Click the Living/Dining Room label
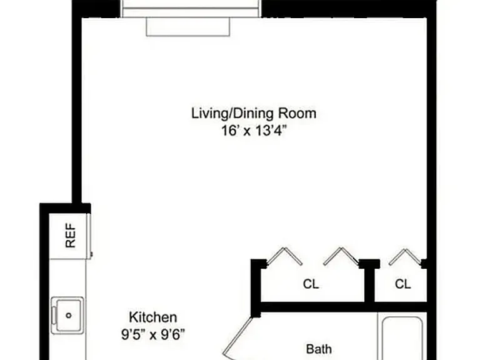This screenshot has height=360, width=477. (x=254, y=113)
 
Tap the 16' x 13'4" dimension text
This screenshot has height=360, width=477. (x=254, y=131)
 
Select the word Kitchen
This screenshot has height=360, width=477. (x=153, y=317)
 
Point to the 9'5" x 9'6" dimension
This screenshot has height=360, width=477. (x=153, y=335)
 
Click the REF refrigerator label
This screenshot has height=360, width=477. (x=71, y=236)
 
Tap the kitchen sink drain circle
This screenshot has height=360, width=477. (x=69, y=315)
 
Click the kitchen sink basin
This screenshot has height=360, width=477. (x=68, y=315)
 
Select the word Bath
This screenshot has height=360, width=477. (x=319, y=349)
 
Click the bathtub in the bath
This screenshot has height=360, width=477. (x=403, y=338)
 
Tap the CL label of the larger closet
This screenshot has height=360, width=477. (x=311, y=284)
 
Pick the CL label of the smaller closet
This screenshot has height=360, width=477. (x=403, y=284)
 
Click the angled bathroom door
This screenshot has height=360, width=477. (x=238, y=337)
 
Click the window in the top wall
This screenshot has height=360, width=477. (x=191, y=9)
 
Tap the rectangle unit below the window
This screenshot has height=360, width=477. (x=188, y=27)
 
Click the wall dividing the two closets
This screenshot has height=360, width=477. (x=369, y=281)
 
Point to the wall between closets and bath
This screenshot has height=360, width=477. (x=344, y=307)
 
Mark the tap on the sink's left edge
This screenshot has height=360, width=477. (x=54, y=315)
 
